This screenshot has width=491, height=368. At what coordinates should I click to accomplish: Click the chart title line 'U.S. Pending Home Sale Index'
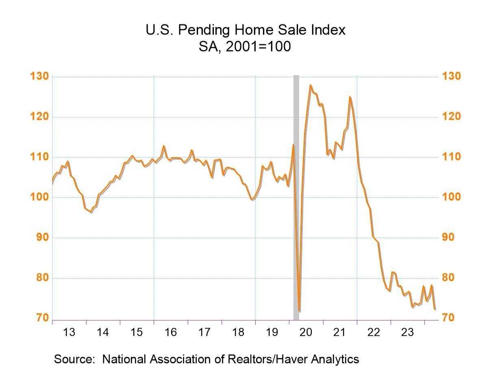click(x=245, y=30)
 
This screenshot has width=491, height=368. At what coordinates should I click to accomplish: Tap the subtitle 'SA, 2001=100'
click(x=245, y=46)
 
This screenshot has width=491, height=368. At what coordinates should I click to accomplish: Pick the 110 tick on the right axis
click(x=451, y=157)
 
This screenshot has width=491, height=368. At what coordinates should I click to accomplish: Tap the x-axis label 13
click(x=69, y=332)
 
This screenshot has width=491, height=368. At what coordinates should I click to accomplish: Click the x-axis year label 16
click(x=171, y=332)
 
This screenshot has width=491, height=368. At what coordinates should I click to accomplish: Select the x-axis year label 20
click(x=306, y=332)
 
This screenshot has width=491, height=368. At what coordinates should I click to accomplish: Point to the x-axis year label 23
click(x=407, y=332)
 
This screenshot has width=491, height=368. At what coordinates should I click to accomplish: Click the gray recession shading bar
click(x=296, y=195)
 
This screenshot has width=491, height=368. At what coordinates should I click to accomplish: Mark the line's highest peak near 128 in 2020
click(x=310, y=85)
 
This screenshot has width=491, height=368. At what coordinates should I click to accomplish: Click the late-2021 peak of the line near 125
click(x=350, y=97)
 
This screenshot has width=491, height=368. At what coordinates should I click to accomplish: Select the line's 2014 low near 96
click(x=91, y=212)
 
